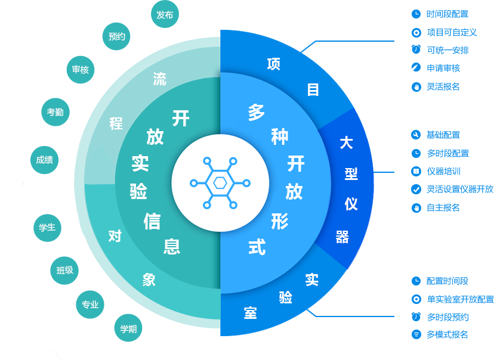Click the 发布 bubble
[x=165, y=15]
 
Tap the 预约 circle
[x=116, y=37]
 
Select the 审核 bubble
[x=80, y=70]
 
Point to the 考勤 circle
[x=55, y=111]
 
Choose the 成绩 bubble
[x=44, y=160]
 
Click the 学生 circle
[x=47, y=228]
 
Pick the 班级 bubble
[x=64, y=271]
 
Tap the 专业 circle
[x=90, y=305]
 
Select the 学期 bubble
[x=128, y=328]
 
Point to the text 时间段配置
[x=447, y=14]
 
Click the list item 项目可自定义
[x=452, y=32]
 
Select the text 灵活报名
[x=443, y=86]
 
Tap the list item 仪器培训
[x=443, y=171]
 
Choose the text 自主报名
[x=443, y=207]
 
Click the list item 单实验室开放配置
[x=460, y=299]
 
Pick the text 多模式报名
[x=447, y=334]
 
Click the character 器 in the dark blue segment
[x=342, y=237]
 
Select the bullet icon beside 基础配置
[x=416, y=135]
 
